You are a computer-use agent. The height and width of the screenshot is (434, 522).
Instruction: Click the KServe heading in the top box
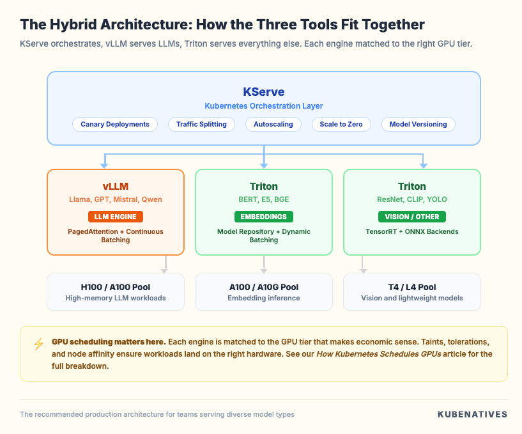coord(263,91)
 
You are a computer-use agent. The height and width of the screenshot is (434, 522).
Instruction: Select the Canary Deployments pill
coord(115,124)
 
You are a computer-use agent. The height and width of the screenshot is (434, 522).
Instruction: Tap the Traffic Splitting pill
coord(201,124)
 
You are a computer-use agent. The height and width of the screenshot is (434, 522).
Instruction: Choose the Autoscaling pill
coord(273,124)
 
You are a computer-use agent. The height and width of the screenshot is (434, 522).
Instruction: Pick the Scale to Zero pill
coord(341,124)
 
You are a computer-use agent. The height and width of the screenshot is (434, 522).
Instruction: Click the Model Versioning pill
coord(418,124)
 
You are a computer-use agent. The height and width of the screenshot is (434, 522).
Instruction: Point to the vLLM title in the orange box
coord(116,187)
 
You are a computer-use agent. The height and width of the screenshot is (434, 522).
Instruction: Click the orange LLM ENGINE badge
coord(116,217)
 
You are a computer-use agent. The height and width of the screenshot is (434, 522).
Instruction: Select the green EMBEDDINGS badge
coord(263,217)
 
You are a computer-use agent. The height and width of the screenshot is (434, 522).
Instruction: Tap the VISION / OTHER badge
coord(411,217)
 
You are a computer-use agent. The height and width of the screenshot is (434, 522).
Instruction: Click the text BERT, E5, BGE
coord(263,199)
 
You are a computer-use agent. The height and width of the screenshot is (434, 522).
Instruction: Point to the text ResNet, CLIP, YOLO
coord(411,199)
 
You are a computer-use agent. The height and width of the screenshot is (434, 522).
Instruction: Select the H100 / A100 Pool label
coord(116,287)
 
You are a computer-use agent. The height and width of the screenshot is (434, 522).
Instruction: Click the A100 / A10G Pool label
coord(263,287)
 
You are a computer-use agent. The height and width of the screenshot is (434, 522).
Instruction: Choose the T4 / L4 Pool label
coord(411,287)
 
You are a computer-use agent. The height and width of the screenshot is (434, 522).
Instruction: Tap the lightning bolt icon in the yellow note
coord(38,344)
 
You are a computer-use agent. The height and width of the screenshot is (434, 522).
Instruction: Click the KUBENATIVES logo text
coord(472,414)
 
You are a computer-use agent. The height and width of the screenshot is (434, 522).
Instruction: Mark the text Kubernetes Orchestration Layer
coord(263,105)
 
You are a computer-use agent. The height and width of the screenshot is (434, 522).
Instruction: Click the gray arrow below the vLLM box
coord(165,264)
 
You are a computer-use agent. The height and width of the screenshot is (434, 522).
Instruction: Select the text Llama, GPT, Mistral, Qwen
coord(116,199)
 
